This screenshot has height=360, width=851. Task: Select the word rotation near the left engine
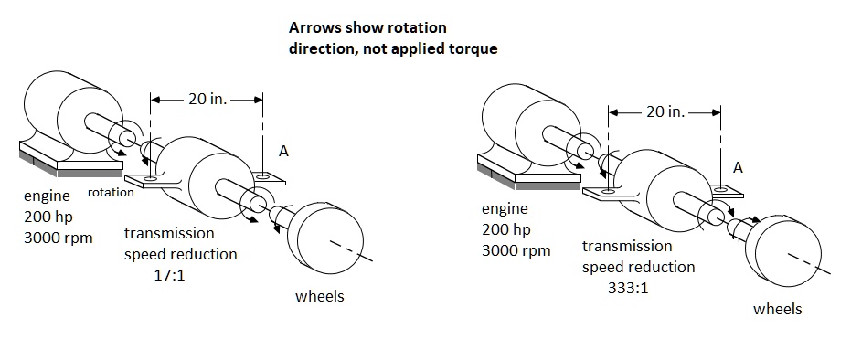click(111, 192)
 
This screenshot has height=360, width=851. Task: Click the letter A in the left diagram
click(283, 152)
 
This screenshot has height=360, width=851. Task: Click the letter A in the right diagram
click(739, 167)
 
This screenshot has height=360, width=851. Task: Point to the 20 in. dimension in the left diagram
click(207, 99)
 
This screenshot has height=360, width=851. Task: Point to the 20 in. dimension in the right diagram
click(665, 111)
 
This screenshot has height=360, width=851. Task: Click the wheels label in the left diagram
click(320, 296)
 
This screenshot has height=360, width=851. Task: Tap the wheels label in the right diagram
click(777, 309)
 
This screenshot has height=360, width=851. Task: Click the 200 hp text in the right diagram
click(506, 229)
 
